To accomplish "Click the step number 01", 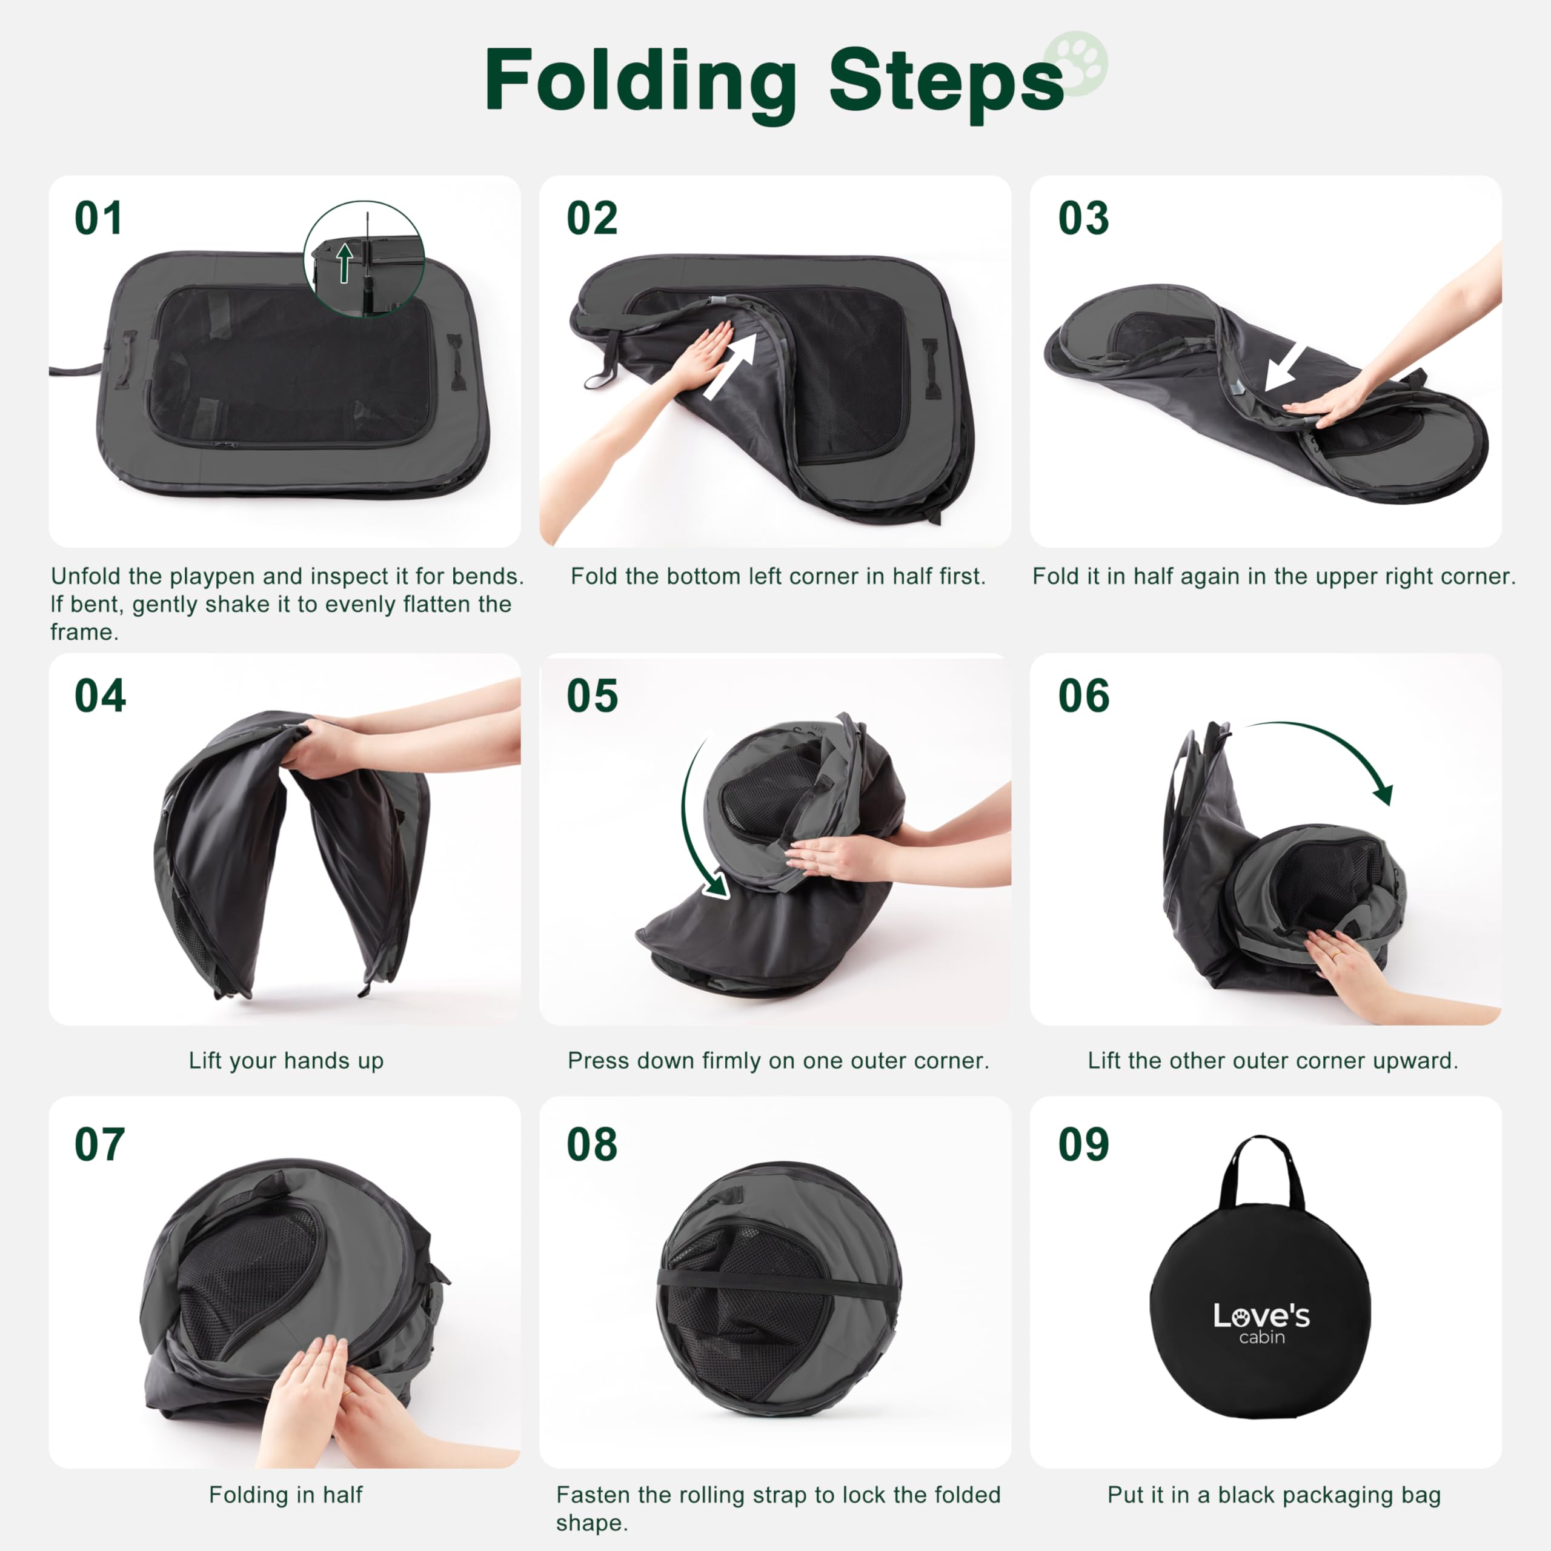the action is tap(99, 218).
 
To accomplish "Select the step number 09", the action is tap(1084, 1144).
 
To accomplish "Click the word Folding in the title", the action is tap(640, 81).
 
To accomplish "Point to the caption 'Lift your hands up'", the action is tap(286, 1060).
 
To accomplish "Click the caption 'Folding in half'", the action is tap(286, 1495).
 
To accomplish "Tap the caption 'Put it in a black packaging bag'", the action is tap(1274, 1495).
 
